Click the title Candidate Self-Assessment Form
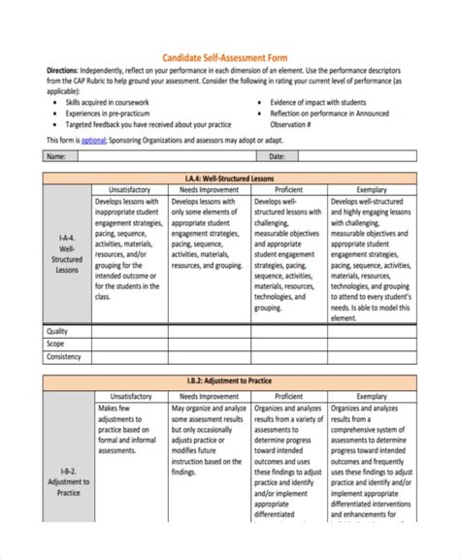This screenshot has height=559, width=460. click(x=229, y=56)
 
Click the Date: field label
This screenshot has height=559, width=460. click(x=277, y=155)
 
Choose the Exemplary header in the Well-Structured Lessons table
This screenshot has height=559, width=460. click(x=372, y=189)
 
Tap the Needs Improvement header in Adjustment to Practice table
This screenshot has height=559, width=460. click(x=210, y=396)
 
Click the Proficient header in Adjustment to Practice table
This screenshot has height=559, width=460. click(x=289, y=396)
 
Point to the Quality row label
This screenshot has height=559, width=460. click(x=57, y=331)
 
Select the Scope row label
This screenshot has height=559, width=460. click(x=55, y=344)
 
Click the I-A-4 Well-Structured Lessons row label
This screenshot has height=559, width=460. click(x=66, y=253)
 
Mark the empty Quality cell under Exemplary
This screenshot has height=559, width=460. click(x=372, y=331)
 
